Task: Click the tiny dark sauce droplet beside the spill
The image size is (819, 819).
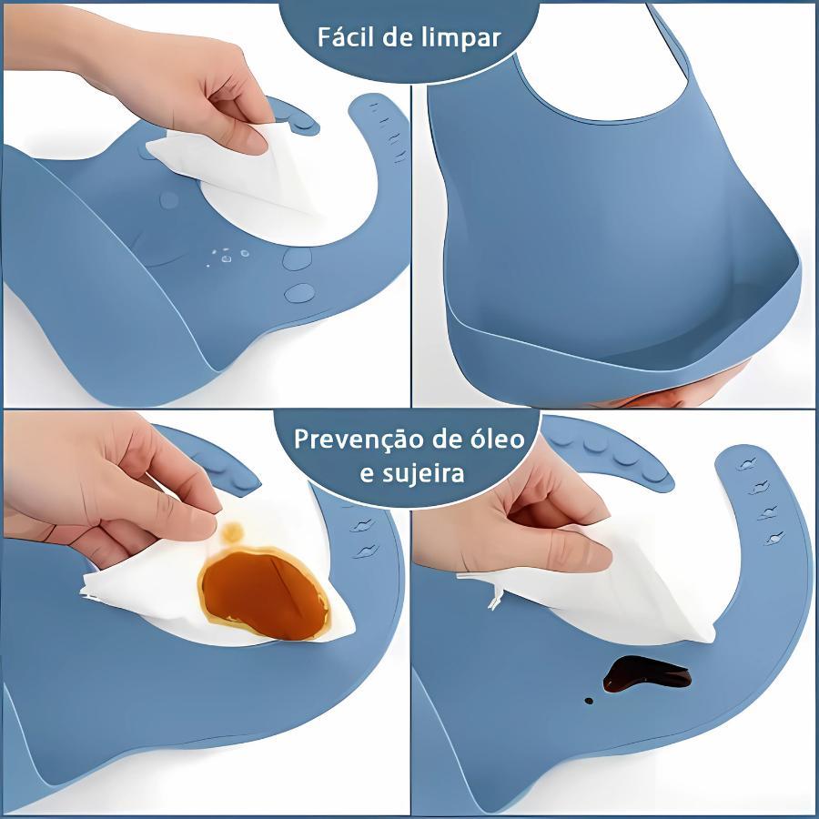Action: [x=589, y=701]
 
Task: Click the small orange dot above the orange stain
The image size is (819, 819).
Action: [x=232, y=532]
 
